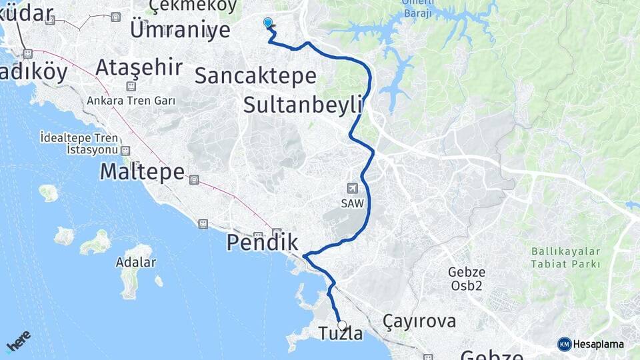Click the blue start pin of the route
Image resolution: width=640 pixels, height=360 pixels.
click(268, 23)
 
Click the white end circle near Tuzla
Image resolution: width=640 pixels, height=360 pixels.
click(342, 325)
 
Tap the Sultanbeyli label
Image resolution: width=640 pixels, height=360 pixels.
click(303, 105)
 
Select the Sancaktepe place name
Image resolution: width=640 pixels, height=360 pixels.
click(255, 75)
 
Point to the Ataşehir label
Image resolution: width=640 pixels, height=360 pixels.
click(139, 67)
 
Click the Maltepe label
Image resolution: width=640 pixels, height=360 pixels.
click(141, 172)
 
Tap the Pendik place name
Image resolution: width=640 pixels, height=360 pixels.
click(262, 243)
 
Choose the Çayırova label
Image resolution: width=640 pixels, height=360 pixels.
click(419, 321)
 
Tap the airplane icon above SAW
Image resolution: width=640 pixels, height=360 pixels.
click(353, 189)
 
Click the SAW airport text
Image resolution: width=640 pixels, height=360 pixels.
click(353, 204)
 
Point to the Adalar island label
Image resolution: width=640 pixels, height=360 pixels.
click(136, 262)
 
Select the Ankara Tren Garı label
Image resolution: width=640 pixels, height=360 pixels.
click(131, 101)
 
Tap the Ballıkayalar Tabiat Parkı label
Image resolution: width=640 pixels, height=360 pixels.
click(566, 258)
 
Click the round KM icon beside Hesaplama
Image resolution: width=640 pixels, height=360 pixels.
click(565, 344)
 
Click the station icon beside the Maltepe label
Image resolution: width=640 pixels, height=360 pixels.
click(194, 179)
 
